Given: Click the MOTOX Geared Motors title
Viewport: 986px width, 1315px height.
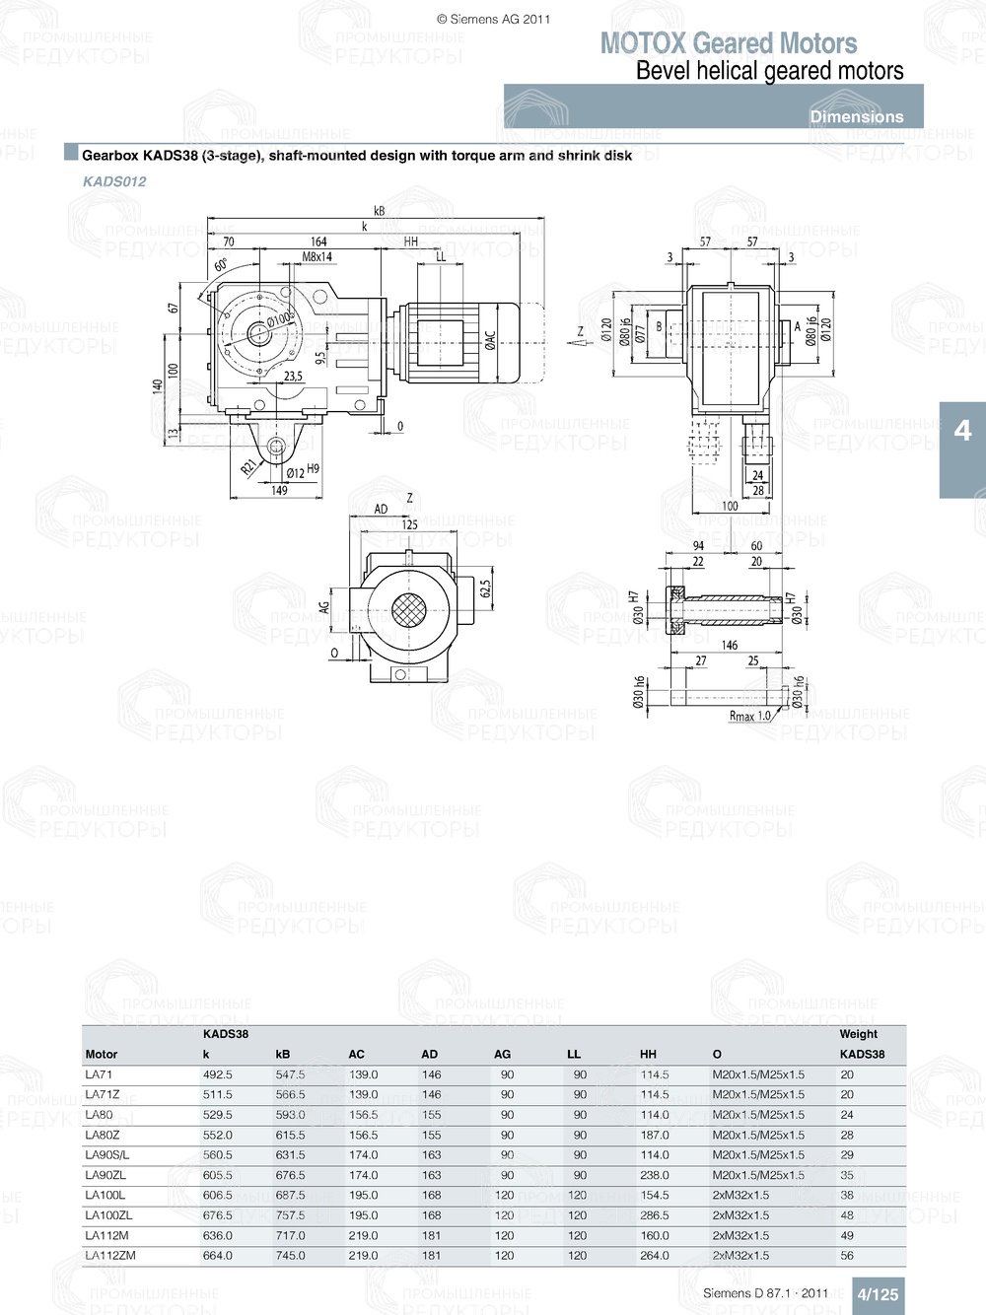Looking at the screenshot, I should (x=728, y=43).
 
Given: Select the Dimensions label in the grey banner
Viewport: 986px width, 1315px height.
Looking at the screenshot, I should (x=856, y=116).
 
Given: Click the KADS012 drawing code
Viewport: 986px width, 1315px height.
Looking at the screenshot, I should (x=114, y=181).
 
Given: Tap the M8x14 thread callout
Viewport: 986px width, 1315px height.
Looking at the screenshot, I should (x=317, y=257).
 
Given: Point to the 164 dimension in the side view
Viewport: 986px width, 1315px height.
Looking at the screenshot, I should (x=318, y=242).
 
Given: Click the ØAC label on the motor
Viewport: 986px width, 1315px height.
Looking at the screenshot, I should (x=490, y=340).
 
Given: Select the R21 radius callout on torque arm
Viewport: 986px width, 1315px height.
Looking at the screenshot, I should (x=249, y=466).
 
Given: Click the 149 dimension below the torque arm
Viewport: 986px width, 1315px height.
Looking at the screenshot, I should (x=279, y=490).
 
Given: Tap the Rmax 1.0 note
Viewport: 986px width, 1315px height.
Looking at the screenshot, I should (x=749, y=717).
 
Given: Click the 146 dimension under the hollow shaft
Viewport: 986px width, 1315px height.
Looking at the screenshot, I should (x=729, y=646).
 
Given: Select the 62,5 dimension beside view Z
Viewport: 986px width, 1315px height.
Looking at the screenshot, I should (x=485, y=588).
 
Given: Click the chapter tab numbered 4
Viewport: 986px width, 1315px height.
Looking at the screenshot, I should (x=962, y=431).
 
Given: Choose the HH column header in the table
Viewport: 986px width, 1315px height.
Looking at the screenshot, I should (x=648, y=1054).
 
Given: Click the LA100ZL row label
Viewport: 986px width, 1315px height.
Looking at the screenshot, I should (x=108, y=1215).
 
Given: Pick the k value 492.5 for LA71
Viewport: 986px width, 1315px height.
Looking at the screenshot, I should (x=218, y=1074).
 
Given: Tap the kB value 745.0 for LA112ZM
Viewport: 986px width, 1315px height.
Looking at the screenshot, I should (x=290, y=1256).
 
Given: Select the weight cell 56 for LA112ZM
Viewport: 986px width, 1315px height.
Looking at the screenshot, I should (x=847, y=1256).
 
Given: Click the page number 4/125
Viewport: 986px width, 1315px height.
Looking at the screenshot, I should (x=878, y=1294).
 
